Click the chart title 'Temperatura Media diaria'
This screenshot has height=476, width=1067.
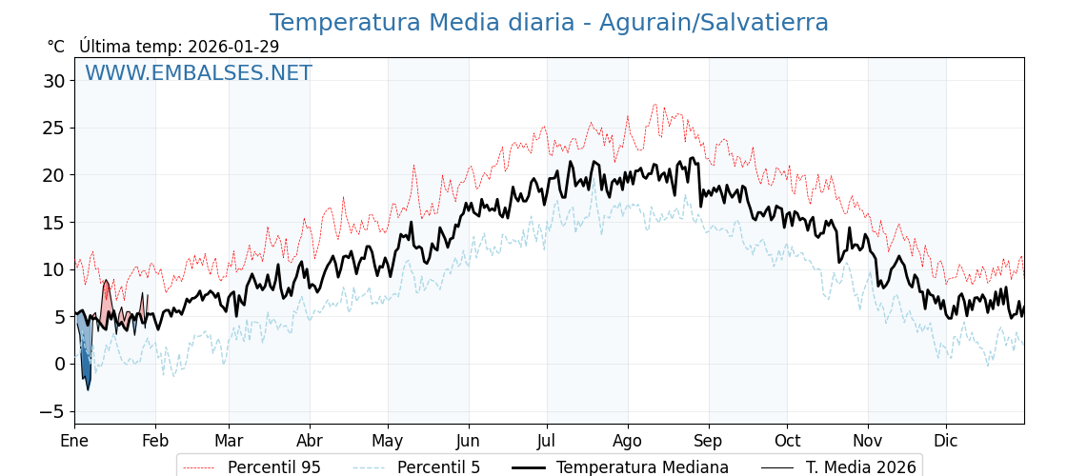coord(549,23)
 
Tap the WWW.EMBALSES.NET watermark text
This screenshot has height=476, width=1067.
coord(198,73)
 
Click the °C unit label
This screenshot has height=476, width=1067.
coord(56,47)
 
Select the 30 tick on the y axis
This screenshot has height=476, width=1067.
coord(53,81)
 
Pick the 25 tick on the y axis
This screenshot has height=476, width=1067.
coord(53,128)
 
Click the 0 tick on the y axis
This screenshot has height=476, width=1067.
coord(59,364)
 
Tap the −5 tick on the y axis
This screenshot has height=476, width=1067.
coord(53,411)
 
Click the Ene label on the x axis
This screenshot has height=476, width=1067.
coord(74,441)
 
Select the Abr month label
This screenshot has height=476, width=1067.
coord(310,441)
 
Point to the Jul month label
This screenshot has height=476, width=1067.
coord(547,441)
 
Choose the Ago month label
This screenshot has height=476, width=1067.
coord(628,441)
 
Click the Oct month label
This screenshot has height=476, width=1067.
coord(787,441)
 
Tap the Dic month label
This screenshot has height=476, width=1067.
coord(946,441)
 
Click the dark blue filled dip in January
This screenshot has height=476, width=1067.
coord(86,367)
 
